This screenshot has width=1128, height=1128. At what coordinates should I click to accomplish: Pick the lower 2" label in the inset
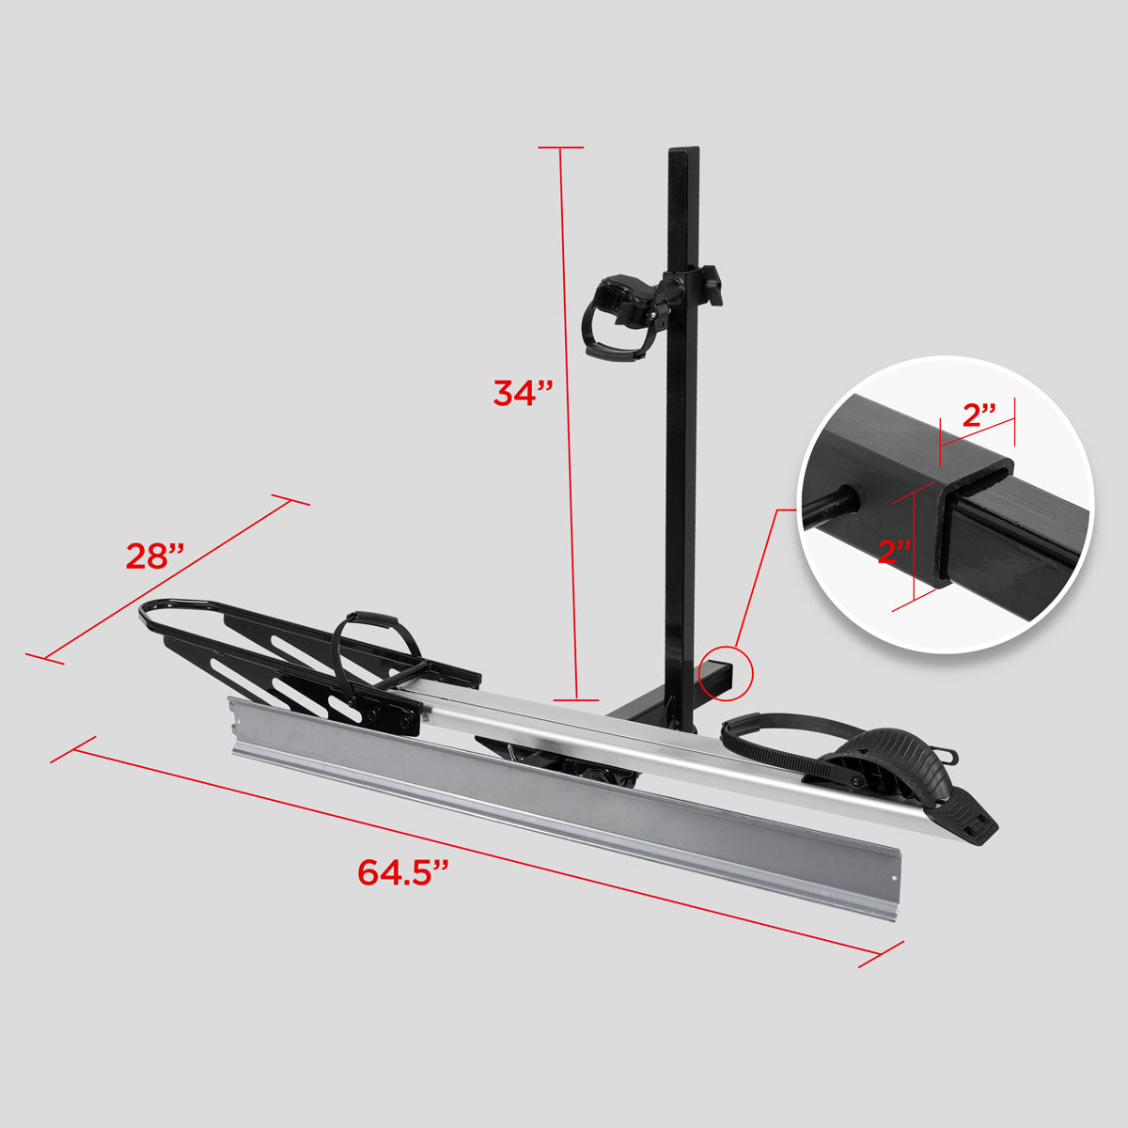pos(895,552)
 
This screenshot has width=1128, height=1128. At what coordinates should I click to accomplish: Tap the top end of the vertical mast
pos(683,152)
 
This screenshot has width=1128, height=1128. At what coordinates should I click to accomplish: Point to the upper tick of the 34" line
pos(561,148)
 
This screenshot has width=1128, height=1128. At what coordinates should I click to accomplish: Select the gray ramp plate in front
pos(564,799)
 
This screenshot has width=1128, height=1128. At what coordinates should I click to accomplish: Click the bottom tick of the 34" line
pos(575,700)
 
